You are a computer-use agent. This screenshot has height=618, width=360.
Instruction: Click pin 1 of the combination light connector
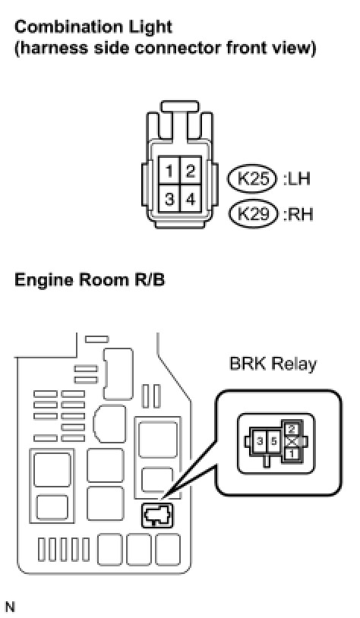[169, 171]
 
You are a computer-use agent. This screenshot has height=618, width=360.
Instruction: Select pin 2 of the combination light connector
[191, 171]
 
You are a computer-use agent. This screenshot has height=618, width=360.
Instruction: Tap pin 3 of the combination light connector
[169, 198]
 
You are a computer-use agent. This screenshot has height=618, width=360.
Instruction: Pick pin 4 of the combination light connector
[191, 198]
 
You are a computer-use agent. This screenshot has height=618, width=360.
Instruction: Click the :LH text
[297, 179]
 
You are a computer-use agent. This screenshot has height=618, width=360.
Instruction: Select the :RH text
[298, 214]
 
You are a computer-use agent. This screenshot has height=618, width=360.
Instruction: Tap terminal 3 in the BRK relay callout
[260, 441]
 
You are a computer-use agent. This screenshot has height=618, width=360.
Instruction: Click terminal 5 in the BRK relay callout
[273, 441]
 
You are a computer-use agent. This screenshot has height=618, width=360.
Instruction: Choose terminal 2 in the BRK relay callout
[292, 429]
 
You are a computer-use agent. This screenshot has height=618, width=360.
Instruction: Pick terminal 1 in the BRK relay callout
[292, 454]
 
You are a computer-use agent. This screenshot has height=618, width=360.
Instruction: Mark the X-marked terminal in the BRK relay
[292, 441]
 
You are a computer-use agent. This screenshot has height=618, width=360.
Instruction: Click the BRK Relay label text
[273, 364]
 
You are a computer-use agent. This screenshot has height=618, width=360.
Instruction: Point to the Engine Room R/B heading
[90, 279]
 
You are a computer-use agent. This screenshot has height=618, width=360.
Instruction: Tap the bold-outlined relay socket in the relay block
[157, 516]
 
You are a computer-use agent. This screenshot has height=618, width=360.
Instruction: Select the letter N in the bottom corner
[10, 607]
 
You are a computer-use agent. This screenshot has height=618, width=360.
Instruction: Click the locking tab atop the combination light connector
[180, 106]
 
